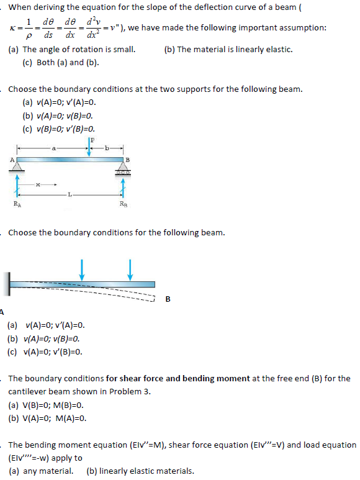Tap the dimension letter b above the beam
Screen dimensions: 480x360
pos(107,148)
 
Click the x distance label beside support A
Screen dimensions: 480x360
pos(38,184)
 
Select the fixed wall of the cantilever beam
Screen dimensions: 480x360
pos(9,284)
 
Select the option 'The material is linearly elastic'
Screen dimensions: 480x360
pos(228,49)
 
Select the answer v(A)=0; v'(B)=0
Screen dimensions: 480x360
pos(46,352)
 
